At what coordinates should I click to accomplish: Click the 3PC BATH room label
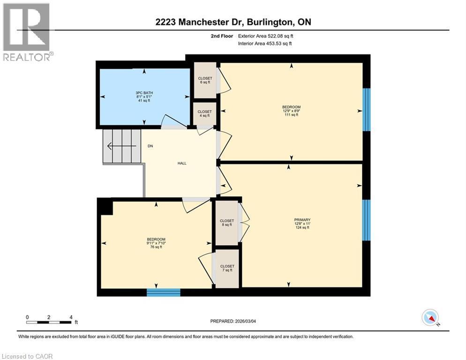144,92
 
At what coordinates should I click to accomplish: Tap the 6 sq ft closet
205,80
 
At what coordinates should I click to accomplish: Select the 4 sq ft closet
205,114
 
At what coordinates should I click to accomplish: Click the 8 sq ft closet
227,223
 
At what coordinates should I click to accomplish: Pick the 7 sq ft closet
227,268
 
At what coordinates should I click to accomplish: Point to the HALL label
182,163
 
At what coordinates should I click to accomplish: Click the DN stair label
150,146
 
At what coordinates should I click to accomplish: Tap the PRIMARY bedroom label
302,220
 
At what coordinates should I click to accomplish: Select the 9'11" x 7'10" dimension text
156,243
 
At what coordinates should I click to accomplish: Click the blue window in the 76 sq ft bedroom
163,292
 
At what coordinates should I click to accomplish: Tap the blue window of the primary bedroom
367,220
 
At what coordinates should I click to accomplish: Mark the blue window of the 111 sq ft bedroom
367,109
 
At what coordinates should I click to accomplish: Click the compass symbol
430,318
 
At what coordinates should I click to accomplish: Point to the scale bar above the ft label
49,322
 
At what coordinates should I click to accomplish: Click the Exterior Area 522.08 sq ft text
267,36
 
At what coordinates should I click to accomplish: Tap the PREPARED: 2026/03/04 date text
233,321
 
